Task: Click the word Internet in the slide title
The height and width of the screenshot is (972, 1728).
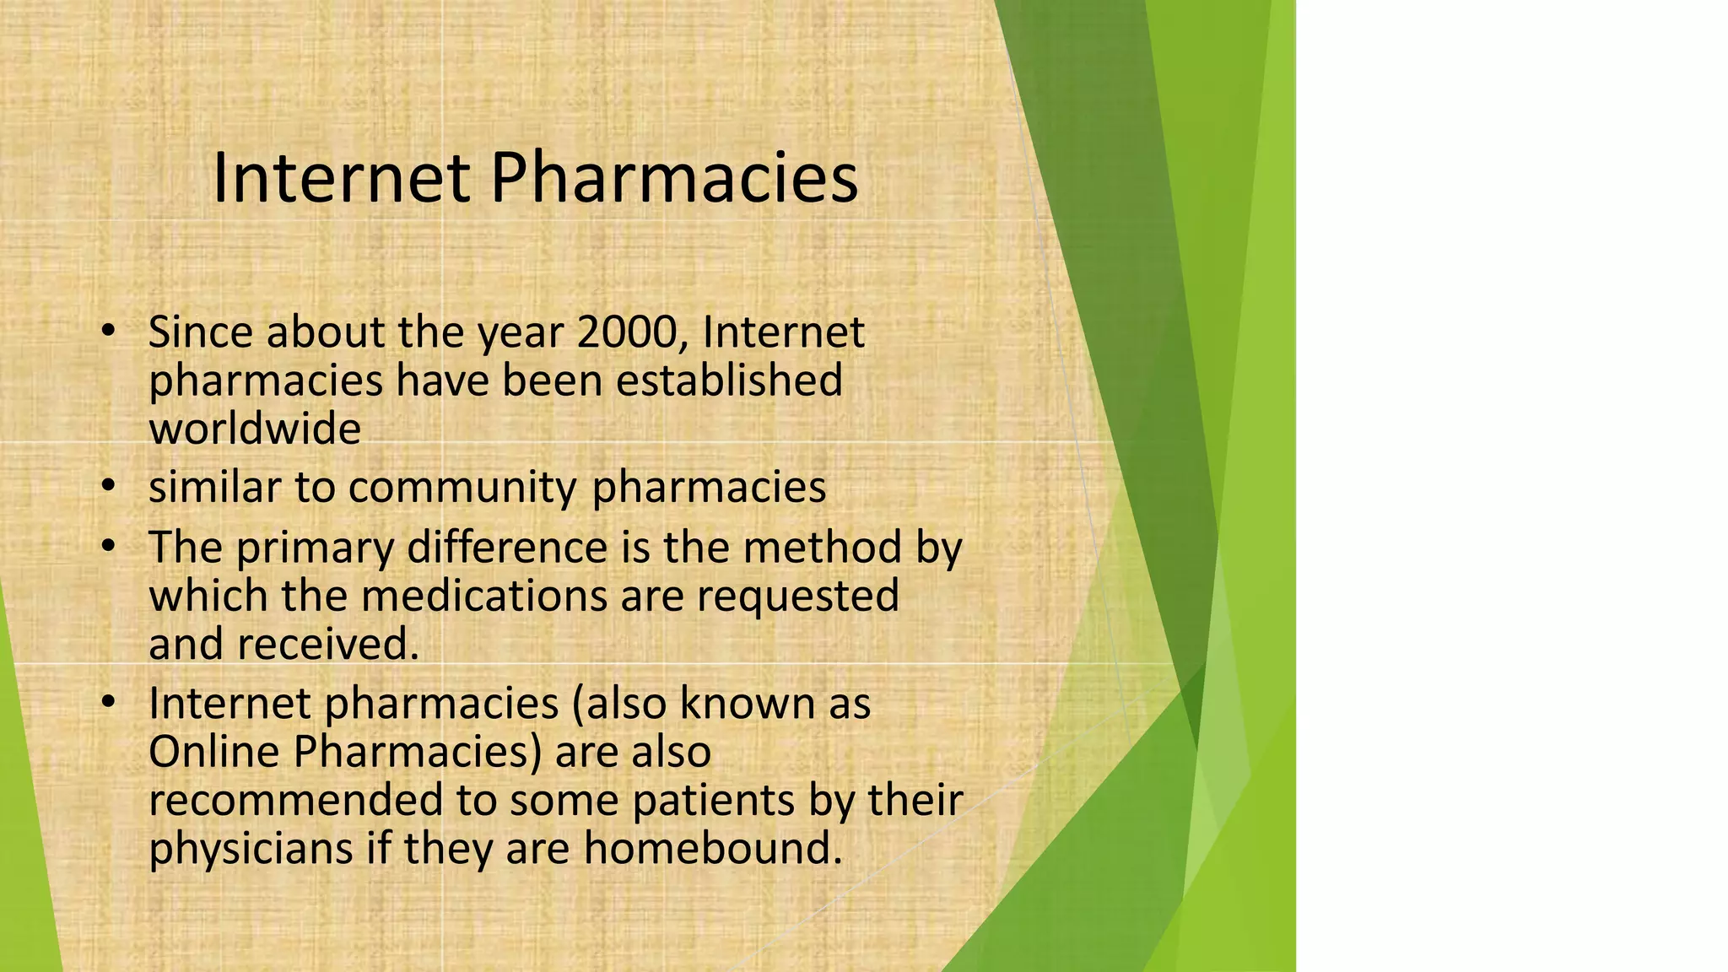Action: [340, 179]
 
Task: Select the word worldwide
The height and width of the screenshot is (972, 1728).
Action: [255, 429]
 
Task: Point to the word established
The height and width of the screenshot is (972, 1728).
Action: [729, 381]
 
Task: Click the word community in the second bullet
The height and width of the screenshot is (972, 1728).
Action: [462, 488]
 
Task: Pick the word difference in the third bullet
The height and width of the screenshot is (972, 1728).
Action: [506, 548]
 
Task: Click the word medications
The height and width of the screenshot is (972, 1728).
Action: [484, 596]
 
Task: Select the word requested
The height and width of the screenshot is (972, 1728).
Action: [797, 596]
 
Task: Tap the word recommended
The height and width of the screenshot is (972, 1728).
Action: [295, 800]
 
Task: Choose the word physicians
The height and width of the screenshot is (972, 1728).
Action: [251, 848]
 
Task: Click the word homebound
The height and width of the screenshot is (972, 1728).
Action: [713, 848]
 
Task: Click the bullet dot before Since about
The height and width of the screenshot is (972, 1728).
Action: [106, 332]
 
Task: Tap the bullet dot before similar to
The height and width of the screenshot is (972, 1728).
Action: [106, 487]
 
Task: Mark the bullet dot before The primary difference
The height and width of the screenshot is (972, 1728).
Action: [106, 547]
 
